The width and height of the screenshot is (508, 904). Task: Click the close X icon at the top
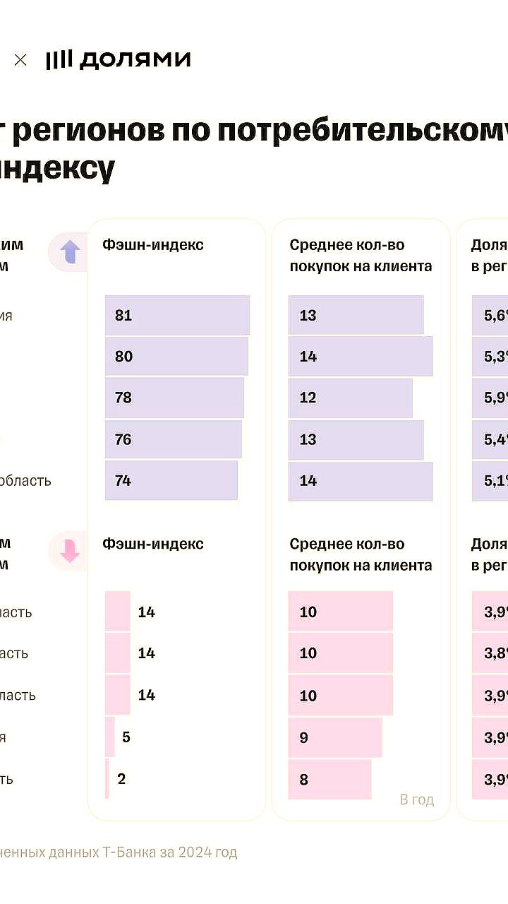click(x=20, y=60)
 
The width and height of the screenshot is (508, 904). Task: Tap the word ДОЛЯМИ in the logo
click(x=135, y=60)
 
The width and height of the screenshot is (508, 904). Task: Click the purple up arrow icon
click(x=70, y=252)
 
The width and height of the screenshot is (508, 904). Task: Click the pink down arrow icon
click(x=70, y=552)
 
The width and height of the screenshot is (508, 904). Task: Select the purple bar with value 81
click(x=177, y=315)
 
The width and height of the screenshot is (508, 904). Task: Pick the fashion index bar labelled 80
click(x=176, y=356)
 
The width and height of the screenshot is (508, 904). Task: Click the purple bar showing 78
click(x=174, y=398)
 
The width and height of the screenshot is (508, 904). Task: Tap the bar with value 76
click(x=173, y=439)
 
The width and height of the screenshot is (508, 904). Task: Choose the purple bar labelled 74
click(x=171, y=480)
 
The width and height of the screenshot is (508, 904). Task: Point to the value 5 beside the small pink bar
click(x=126, y=737)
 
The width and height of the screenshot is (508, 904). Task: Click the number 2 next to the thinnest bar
click(x=121, y=779)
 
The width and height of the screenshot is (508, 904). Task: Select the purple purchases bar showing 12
click(x=350, y=398)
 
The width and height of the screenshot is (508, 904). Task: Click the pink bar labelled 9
click(x=335, y=737)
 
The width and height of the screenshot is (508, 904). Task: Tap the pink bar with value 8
click(x=329, y=779)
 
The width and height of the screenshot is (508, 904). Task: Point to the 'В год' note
click(x=416, y=799)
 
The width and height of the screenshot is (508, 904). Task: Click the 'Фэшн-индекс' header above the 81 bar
click(x=153, y=244)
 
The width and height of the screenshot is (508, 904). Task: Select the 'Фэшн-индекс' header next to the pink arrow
click(x=153, y=543)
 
